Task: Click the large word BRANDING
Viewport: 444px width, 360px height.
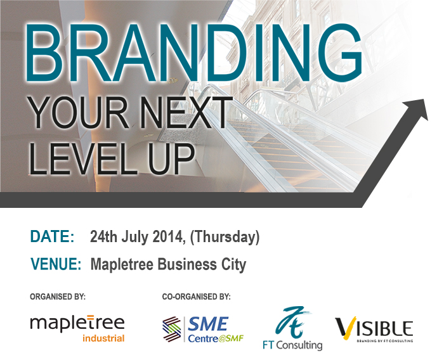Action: point(194,53)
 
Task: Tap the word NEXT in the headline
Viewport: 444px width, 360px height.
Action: point(186,112)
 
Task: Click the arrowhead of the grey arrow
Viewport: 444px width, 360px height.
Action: point(417,109)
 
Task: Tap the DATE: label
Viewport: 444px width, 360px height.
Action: point(52,236)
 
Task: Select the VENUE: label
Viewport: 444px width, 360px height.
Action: point(56,264)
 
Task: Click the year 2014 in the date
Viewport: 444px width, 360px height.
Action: point(167,236)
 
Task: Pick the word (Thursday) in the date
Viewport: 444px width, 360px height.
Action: point(225,237)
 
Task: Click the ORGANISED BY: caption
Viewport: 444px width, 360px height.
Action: point(58,297)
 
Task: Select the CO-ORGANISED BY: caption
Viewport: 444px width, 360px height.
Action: point(196,297)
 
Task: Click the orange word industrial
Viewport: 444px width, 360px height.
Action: point(103,338)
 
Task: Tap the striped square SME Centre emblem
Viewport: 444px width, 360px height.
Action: point(172,329)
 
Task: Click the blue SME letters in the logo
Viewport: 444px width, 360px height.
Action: point(209,324)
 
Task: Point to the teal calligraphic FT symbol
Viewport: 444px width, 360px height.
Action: point(292,323)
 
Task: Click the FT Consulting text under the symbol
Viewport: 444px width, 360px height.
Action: point(292,345)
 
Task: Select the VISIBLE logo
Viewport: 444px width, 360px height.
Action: point(374,329)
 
